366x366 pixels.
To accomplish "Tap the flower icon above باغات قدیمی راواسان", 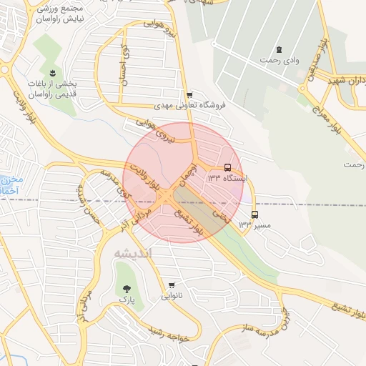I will pos(53,73).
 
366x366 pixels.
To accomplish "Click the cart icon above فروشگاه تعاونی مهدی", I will pos(189,94).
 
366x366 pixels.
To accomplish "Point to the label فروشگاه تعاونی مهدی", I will pos(189,104).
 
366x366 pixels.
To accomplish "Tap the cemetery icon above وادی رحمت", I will pos(280,49).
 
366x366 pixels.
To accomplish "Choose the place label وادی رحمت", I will pos(280,61).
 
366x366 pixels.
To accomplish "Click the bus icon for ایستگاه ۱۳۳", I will pos(228,167).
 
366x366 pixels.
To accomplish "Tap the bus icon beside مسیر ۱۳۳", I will pos(254,214).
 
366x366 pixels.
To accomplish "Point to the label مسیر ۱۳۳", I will pos(255,224).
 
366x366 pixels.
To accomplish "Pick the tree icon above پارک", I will pos(127,289).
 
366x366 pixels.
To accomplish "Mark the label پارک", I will pos(127,300).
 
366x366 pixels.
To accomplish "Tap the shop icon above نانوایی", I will pos(172,284).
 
